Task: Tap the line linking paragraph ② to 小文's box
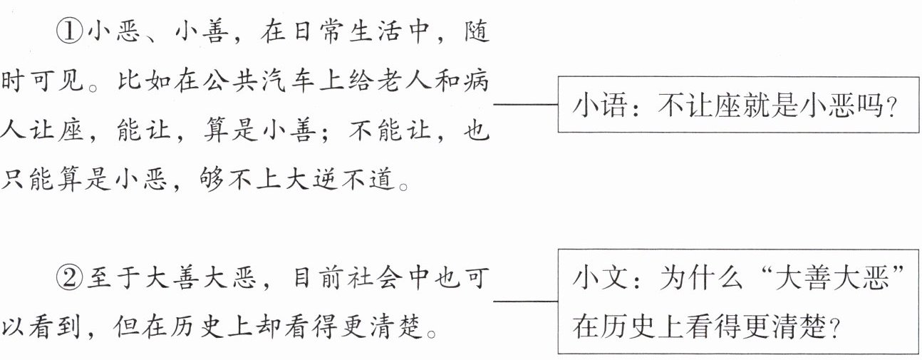pos(526,302)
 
